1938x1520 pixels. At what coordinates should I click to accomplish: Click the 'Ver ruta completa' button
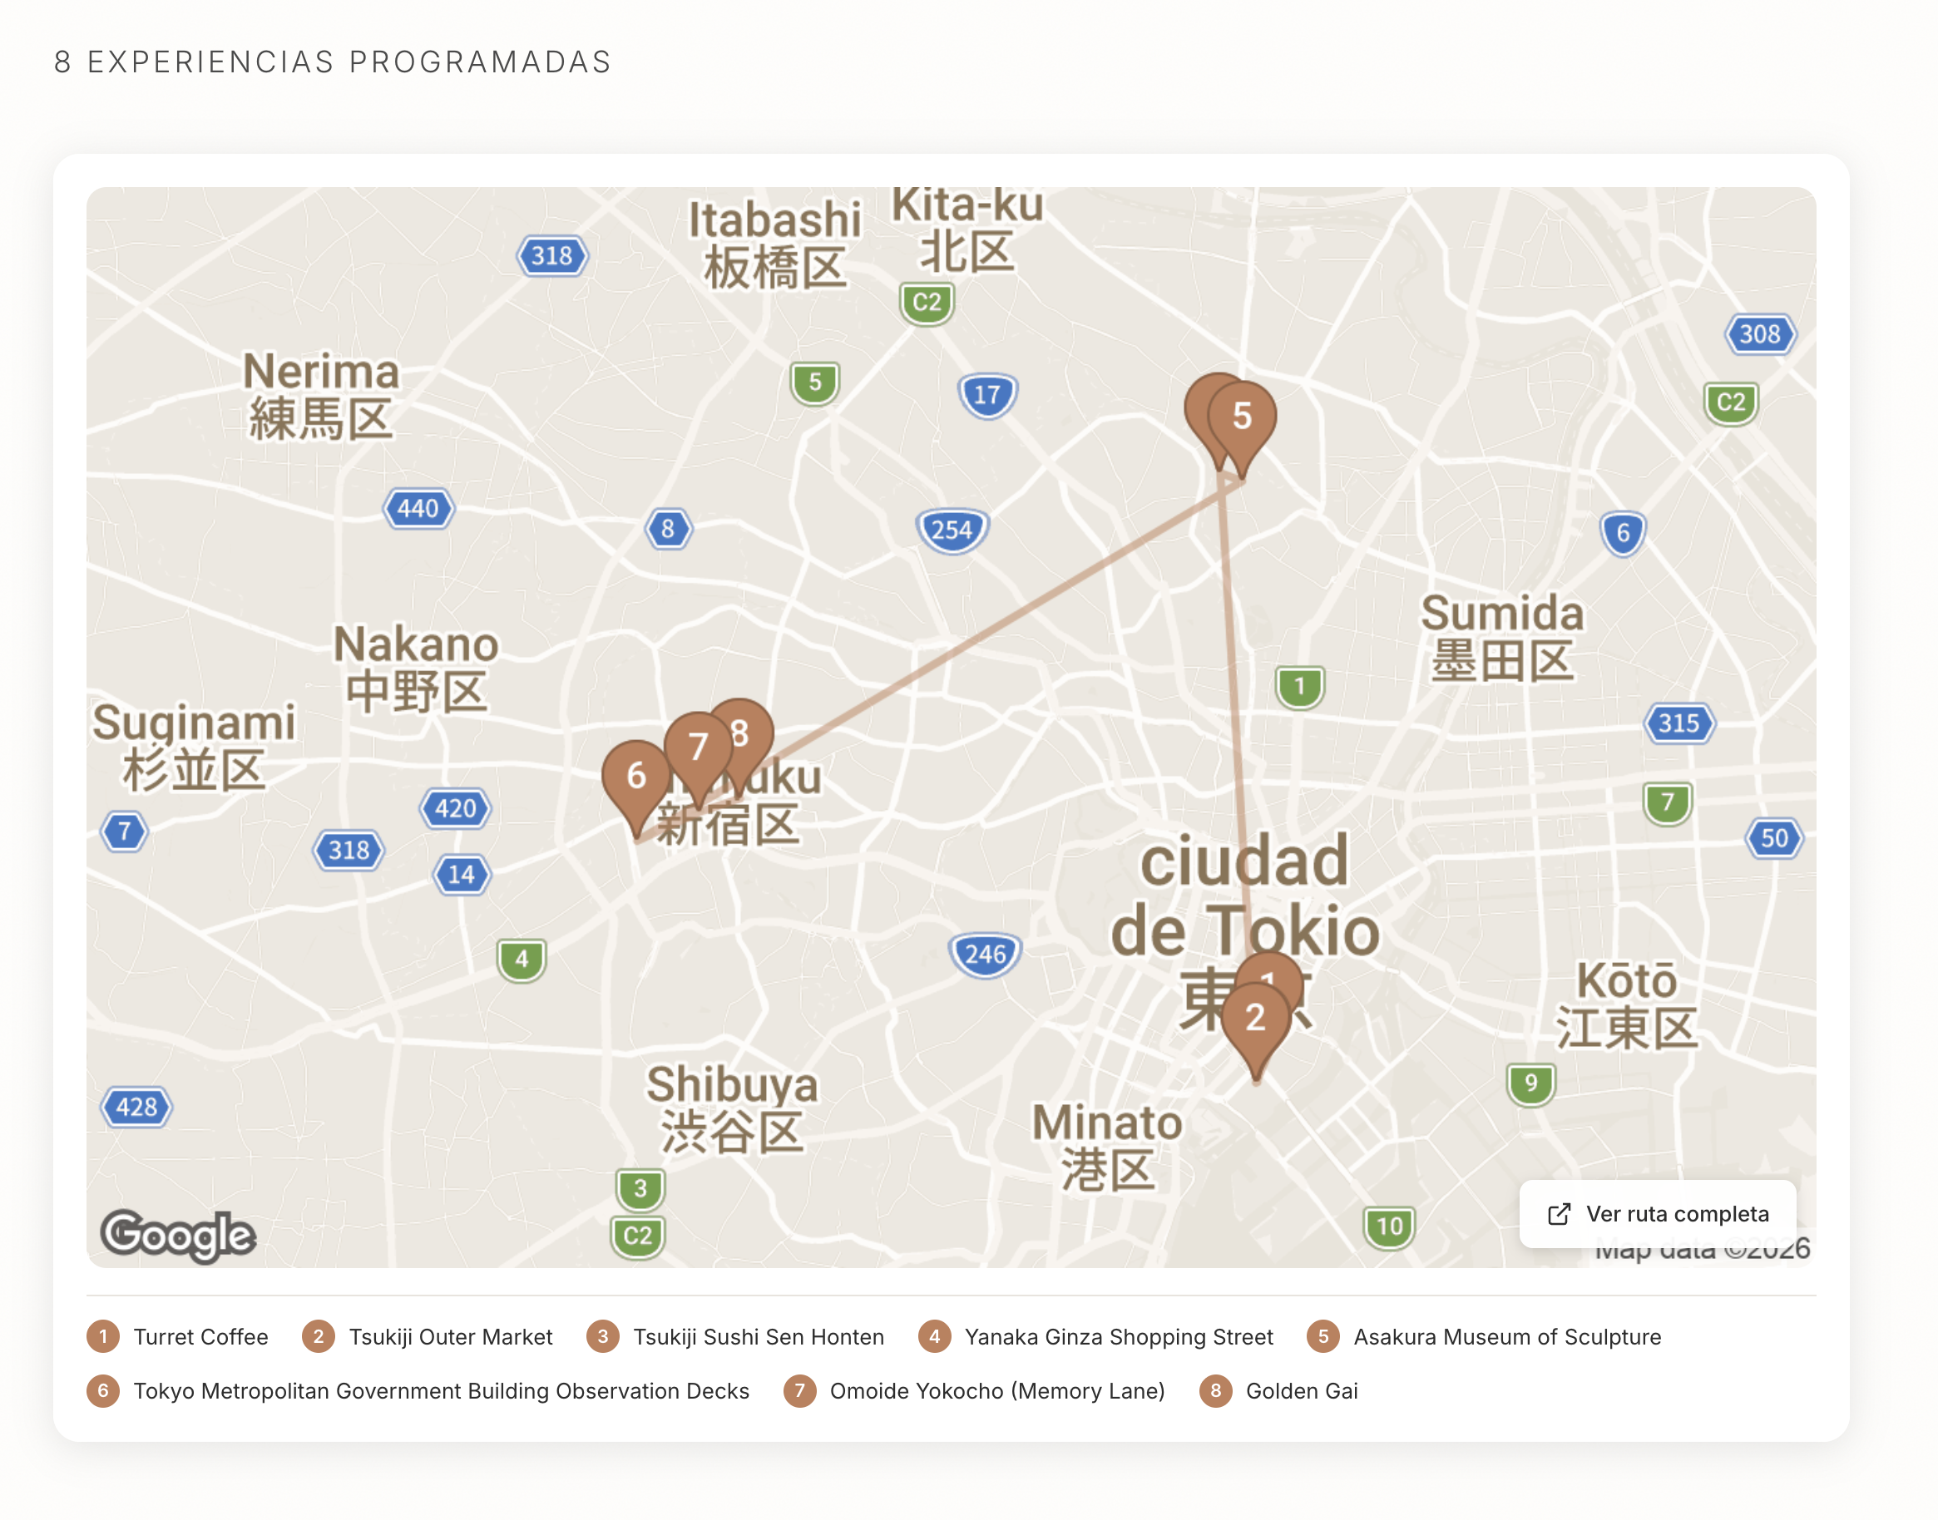(1657, 1214)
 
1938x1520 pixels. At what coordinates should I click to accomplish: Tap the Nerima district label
(320, 395)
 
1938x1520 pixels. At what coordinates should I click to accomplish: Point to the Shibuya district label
(732, 1108)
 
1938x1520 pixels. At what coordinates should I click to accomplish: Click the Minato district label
(1106, 1146)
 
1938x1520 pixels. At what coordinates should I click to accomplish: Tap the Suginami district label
(193, 746)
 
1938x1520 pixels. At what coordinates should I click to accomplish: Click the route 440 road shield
(418, 509)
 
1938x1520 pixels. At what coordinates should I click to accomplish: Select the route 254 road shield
(952, 531)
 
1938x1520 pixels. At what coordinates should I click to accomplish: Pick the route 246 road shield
(986, 955)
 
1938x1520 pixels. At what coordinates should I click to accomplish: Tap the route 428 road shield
(136, 1107)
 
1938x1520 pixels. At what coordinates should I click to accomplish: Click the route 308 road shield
(1759, 334)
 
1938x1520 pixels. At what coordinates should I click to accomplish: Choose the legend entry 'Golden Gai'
(1301, 1391)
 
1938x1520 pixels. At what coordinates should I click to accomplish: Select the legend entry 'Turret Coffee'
(200, 1337)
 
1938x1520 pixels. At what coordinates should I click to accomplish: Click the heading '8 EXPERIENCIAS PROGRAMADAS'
(332, 62)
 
